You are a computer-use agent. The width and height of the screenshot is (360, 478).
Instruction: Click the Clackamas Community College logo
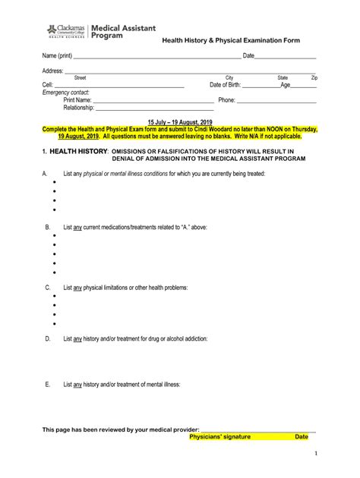point(65,30)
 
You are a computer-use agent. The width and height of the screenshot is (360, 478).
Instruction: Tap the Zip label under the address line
point(314,77)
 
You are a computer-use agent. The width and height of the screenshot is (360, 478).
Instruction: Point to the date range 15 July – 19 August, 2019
point(180,122)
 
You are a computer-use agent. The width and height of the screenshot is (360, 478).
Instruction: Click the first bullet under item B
point(55,236)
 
